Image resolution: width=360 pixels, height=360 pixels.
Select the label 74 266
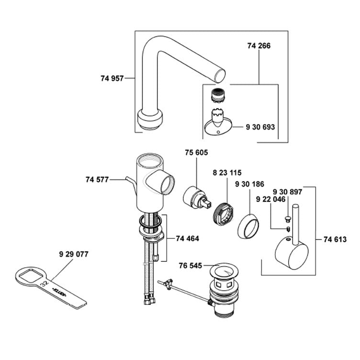[259, 46]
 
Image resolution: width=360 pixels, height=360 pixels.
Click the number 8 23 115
[227, 172]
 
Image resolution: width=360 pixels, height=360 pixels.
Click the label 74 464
[187, 238]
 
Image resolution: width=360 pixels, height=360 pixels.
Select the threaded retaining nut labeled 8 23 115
[223, 212]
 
